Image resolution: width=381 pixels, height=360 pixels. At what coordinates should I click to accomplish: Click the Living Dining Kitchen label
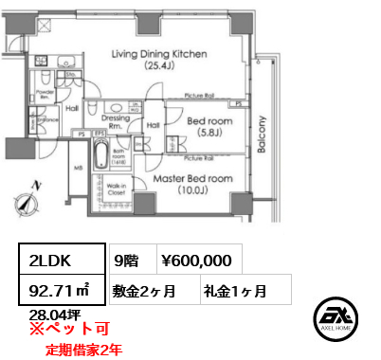click(158, 55)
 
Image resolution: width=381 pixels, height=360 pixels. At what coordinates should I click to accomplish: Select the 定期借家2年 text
click(83, 349)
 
